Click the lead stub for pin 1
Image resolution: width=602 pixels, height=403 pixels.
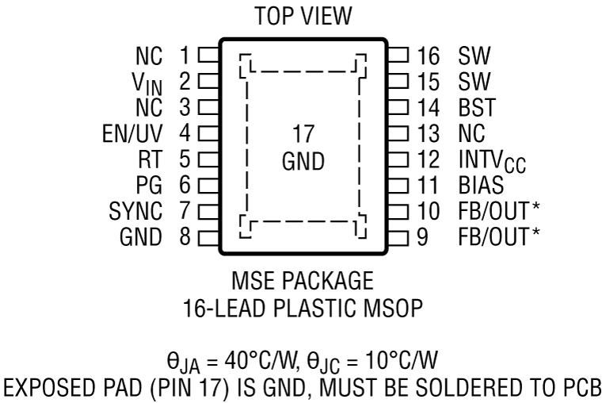208,56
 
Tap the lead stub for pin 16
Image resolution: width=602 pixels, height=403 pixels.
398,56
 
